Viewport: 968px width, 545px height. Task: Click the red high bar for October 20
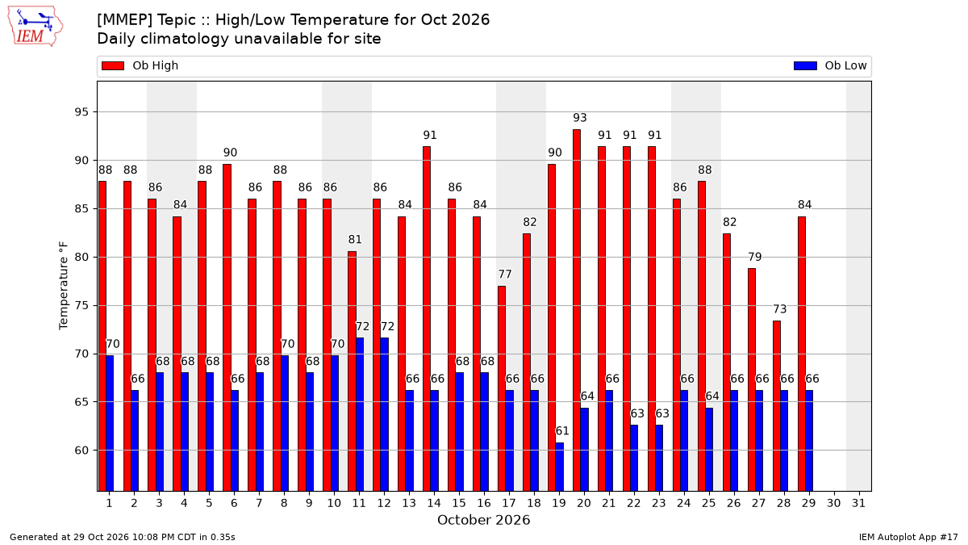(577, 310)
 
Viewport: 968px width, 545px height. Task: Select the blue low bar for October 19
(559, 467)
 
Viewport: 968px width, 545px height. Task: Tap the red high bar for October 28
(777, 406)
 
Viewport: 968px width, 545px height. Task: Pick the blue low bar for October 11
(360, 414)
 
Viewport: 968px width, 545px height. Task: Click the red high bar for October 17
(502, 388)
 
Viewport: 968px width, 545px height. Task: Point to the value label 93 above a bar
(580, 118)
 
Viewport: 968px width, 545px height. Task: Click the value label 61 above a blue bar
(562, 431)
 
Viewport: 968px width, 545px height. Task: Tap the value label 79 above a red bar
(755, 257)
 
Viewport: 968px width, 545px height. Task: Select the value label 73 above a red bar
(780, 308)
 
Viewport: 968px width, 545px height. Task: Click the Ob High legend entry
(140, 65)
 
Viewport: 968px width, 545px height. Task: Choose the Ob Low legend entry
(830, 65)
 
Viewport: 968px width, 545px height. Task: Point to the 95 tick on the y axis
(81, 112)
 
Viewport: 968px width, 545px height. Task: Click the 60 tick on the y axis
(81, 451)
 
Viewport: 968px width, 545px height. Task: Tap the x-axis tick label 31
(858, 503)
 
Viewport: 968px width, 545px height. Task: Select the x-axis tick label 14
(434, 503)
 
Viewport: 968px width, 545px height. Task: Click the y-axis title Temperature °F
(64, 286)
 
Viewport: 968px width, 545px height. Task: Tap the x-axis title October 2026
(483, 520)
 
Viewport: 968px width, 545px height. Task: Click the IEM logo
(35, 26)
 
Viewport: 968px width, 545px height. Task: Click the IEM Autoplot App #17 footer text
(908, 537)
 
